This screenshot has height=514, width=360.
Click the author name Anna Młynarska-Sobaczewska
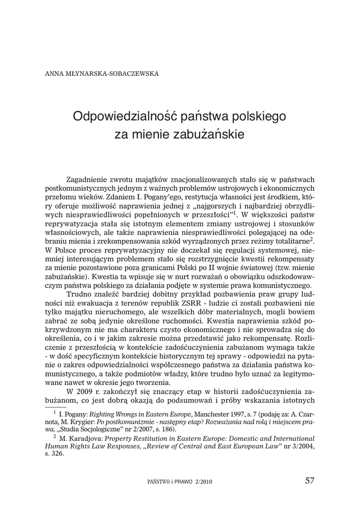point(102,73)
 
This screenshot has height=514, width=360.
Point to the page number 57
point(310,480)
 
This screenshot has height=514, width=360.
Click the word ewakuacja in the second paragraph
point(97,303)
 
